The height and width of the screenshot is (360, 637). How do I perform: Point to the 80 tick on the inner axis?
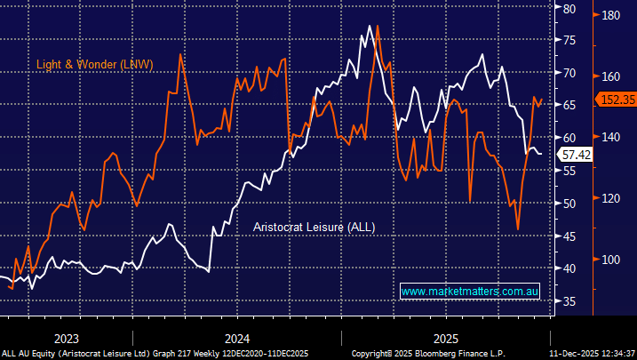[569, 9]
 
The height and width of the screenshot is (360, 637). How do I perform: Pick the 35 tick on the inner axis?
[569, 302]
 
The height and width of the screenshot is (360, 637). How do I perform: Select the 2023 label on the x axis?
[67, 339]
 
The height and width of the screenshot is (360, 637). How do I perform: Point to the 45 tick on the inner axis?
[569, 236]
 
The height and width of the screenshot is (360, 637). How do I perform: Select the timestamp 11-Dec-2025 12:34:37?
[592, 353]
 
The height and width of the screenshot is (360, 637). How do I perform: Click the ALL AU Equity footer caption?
[154, 353]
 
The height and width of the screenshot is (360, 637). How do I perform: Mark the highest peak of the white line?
[369, 26]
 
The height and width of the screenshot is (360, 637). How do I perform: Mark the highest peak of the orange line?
[378, 26]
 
